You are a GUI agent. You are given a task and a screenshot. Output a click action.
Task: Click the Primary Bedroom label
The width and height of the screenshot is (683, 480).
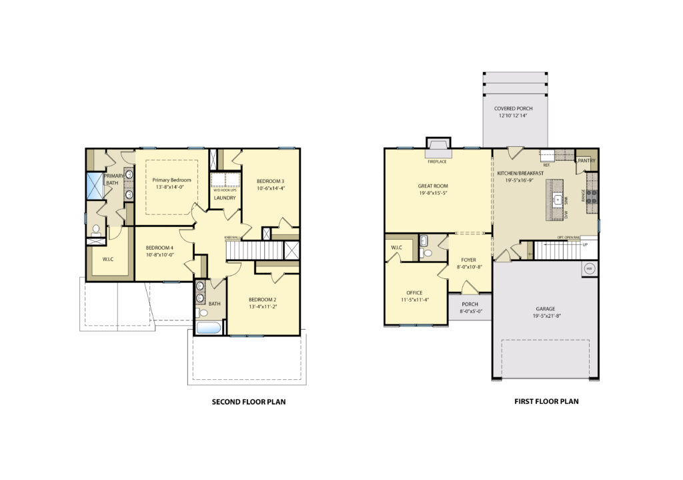(171, 180)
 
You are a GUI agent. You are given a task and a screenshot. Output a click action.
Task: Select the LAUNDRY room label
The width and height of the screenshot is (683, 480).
(225, 198)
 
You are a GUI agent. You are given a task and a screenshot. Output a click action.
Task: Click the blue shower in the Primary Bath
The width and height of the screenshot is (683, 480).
(95, 185)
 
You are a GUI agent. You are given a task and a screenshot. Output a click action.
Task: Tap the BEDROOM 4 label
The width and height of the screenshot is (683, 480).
(159, 247)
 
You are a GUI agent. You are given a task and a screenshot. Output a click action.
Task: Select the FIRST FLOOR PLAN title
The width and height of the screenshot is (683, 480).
(546, 402)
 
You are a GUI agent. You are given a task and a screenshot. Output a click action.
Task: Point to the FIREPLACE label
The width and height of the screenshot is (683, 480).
(438, 162)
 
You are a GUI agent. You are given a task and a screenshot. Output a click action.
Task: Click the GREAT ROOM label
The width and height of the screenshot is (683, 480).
(433, 186)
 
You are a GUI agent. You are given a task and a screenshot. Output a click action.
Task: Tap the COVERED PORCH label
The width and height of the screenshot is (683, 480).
(513, 108)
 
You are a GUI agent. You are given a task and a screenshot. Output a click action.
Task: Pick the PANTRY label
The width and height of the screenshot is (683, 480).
(586, 161)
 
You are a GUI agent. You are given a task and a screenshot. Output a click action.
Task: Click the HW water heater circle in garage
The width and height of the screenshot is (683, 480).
(589, 269)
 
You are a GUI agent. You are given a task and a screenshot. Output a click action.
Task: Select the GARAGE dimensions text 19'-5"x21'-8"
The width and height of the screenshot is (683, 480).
(545, 316)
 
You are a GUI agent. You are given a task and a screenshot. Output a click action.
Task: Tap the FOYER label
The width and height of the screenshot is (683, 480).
(469, 260)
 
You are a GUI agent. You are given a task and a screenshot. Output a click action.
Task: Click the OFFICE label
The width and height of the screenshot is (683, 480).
(414, 292)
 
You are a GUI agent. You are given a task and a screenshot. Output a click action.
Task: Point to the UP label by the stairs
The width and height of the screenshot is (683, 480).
(586, 245)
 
